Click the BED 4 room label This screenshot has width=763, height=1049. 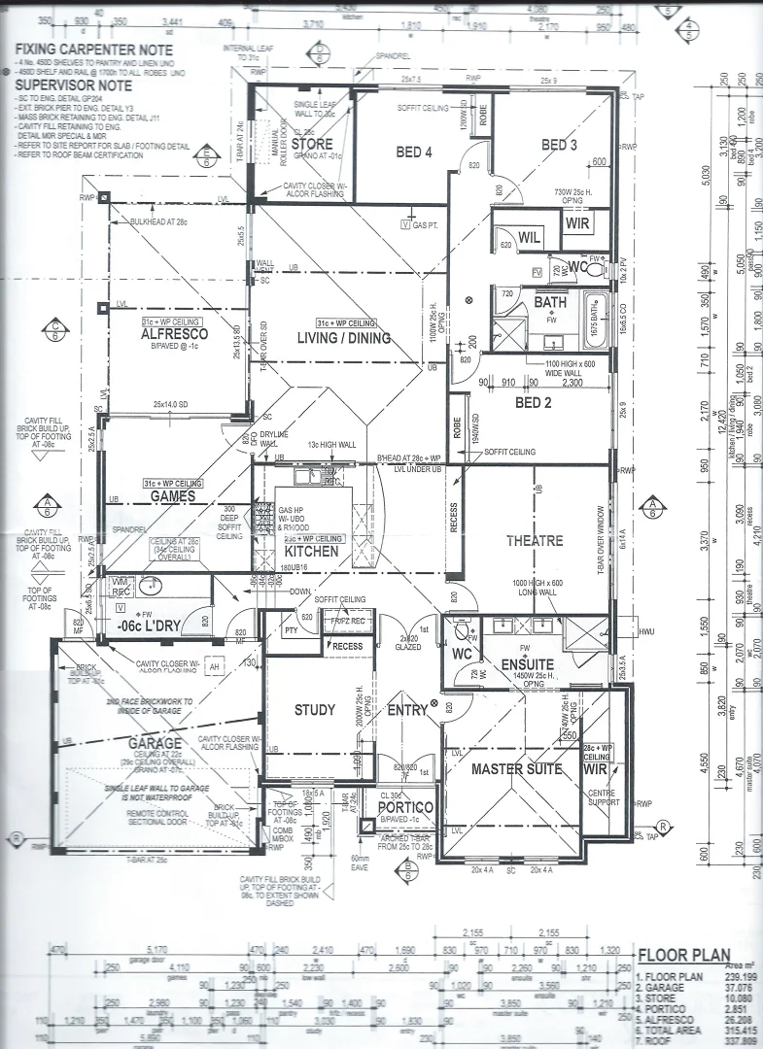coord(414,152)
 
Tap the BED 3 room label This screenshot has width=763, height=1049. coord(559,146)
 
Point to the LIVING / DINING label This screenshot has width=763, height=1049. coord(344,338)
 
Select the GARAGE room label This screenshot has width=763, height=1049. coord(156,743)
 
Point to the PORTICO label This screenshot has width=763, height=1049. coord(398,806)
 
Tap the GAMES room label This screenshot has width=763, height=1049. coord(172,496)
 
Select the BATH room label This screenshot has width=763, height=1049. coord(549,302)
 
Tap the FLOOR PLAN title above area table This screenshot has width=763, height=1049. coord(684,956)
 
